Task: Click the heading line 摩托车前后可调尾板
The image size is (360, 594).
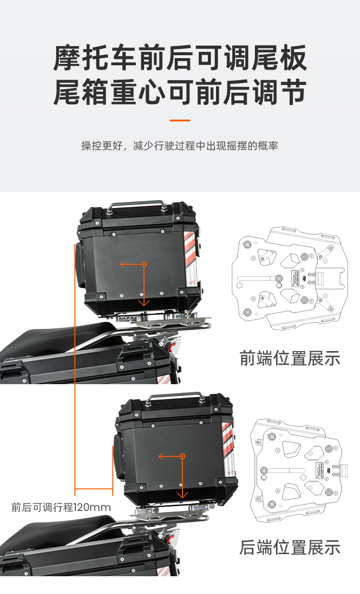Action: pyautogui.click(x=180, y=58)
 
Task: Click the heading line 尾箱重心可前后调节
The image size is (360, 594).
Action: pyautogui.click(x=180, y=92)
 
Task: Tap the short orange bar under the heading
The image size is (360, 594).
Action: pyautogui.click(x=180, y=121)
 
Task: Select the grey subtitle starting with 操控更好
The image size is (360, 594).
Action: pyautogui.click(x=180, y=146)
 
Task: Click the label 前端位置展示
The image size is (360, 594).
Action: pyautogui.click(x=290, y=358)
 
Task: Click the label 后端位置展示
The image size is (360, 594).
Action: pyautogui.click(x=290, y=547)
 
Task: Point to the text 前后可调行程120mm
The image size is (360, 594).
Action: pyautogui.click(x=61, y=507)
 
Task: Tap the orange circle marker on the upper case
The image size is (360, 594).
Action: pyautogui.click(x=144, y=264)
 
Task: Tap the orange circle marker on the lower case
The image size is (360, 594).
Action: pyautogui.click(x=182, y=456)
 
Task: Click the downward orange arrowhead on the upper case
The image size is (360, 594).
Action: pyautogui.click(x=144, y=303)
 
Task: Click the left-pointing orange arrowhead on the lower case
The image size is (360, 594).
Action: pyautogui.click(x=161, y=456)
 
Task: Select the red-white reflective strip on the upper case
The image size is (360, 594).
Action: pyautogui.click(x=191, y=258)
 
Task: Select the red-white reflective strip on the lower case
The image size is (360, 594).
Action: pyautogui.click(x=228, y=449)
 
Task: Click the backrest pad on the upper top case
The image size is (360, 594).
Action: pyautogui.click(x=80, y=265)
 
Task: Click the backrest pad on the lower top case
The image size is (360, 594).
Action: pyautogui.click(x=118, y=457)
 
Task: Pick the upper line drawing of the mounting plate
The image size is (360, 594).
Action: pyautogui.click(x=290, y=279)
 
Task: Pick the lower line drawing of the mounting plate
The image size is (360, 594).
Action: pyautogui.click(x=299, y=471)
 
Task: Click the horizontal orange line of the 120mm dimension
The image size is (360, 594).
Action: pyautogui.click(x=94, y=488)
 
